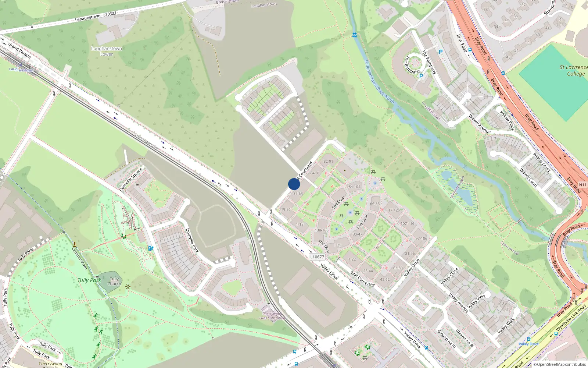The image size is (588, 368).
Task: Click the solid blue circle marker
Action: click(x=294, y=184)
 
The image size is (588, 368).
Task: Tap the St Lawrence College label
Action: click(x=574, y=70)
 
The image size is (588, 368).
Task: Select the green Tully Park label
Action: click(x=89, y=280)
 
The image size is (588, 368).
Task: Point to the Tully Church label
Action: click(x=114, y=282)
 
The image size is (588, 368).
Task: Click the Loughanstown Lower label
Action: click(x=107, y=51)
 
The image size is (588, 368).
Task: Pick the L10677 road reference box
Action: click(x=317, y=257)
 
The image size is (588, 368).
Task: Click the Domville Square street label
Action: click(x=130, y=180)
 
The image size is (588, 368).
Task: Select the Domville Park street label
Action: click(x=192, y=240)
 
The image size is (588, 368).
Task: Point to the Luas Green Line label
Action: click(x=147, y=142)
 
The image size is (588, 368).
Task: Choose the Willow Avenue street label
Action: click(x=480, y=124)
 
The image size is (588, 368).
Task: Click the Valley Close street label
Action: click(x=449, y=276)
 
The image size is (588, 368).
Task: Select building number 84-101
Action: click(x=355, y=187)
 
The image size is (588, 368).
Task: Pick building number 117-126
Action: click(x=393, y=210)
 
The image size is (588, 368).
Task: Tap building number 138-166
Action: click(x=322, y=230)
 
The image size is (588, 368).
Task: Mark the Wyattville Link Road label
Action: click(x=571, y=318)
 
